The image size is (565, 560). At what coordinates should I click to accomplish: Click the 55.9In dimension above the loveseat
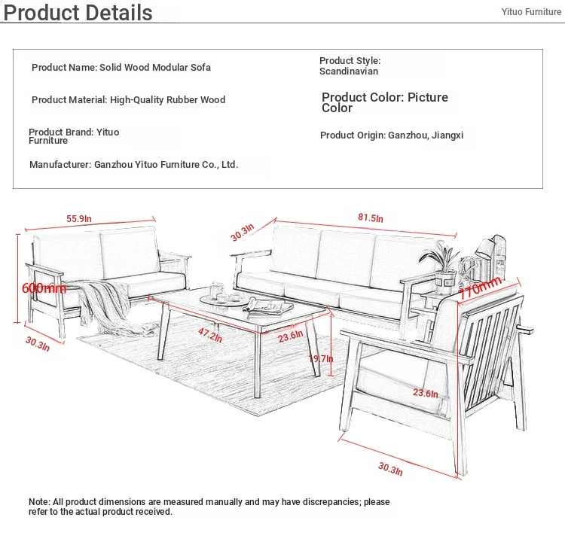79,218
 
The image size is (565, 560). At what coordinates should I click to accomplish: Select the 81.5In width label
371,218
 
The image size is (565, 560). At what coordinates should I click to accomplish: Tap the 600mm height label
44,288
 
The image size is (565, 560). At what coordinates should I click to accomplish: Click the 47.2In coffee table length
210,335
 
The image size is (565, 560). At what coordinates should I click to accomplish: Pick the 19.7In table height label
321,359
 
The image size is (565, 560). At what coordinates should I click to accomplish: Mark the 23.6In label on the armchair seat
426,393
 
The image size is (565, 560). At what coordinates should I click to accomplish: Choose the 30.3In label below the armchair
390,469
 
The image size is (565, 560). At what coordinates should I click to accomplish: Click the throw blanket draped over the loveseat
108,306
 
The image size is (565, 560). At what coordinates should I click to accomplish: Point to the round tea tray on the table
225,300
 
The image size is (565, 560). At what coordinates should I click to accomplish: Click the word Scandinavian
349,72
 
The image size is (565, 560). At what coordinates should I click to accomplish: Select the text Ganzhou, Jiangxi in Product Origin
426,135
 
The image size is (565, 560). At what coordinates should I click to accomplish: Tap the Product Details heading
78,13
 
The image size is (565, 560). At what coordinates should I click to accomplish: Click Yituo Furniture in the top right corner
531,12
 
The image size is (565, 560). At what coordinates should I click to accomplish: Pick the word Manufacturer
60,165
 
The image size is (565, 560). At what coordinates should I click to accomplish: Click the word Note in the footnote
40,501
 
